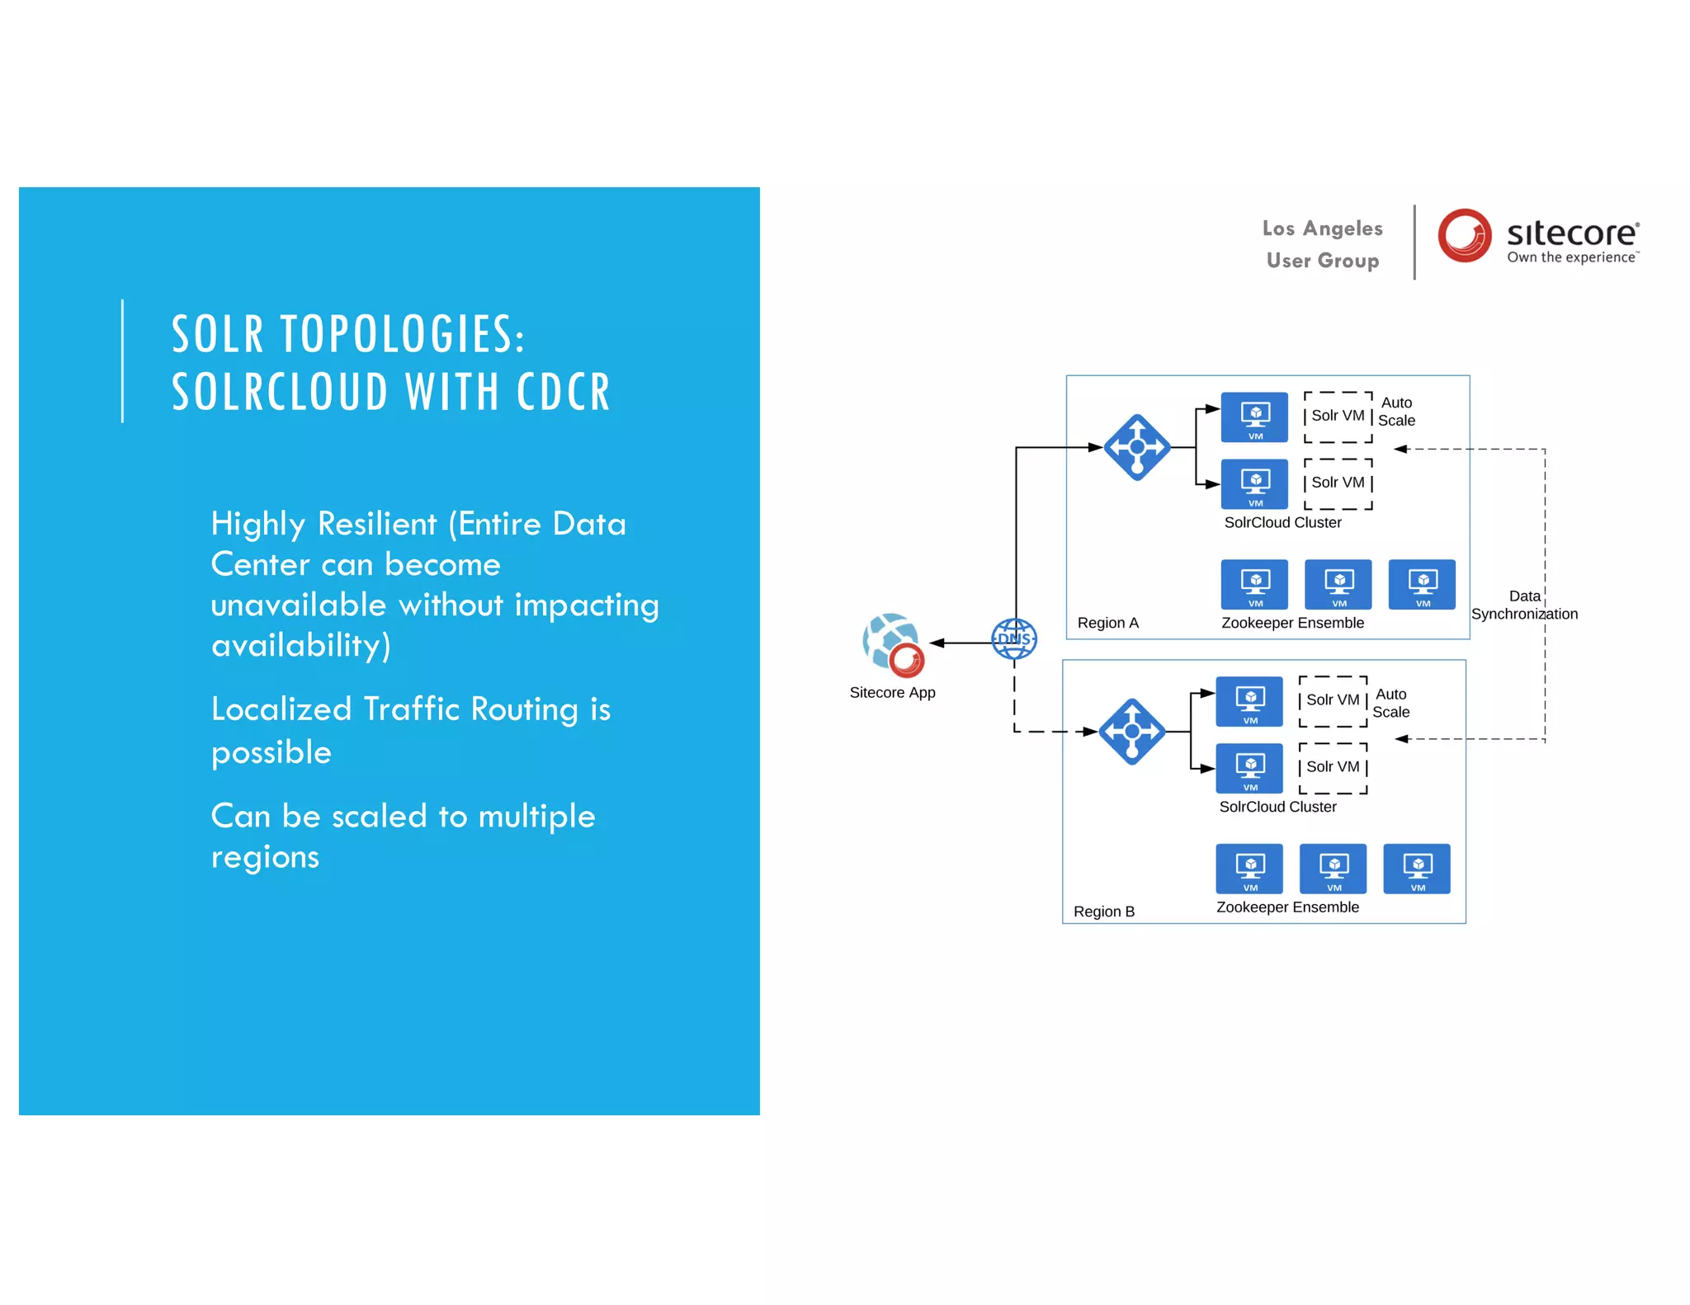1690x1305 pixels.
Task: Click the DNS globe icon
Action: (x=1013, y=638)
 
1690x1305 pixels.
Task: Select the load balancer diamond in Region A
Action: (x=1137, y=447)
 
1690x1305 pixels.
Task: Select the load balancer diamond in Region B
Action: (x=1132, y=732)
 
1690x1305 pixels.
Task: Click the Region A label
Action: (x=1107, y=623)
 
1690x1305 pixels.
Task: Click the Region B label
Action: (x=1103, y=912)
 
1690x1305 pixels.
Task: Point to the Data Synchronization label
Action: (x=1523, y=605)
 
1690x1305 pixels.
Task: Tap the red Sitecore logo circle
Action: (x=1464, y=235)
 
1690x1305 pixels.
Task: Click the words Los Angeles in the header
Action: (x=1322, y=228)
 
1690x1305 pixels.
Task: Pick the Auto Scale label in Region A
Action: (x=1396, y=411)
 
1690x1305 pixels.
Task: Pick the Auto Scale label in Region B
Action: (x=1391, y=703)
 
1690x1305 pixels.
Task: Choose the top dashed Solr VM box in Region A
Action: (x=1338, y=417)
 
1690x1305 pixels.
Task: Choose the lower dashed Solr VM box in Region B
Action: (x=1333, y=768)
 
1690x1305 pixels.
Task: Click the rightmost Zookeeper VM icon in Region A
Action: (x=1422, y=584)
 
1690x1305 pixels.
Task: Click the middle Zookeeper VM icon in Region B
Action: (x=1333, y=869)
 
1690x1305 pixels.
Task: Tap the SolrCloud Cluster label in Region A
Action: (x=1282, y=522)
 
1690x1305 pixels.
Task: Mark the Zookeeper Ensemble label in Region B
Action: (x=1287, y=907)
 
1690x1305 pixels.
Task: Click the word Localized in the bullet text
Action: (x=281, y=709)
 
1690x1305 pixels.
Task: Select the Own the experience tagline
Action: (x=1571, y=257)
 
